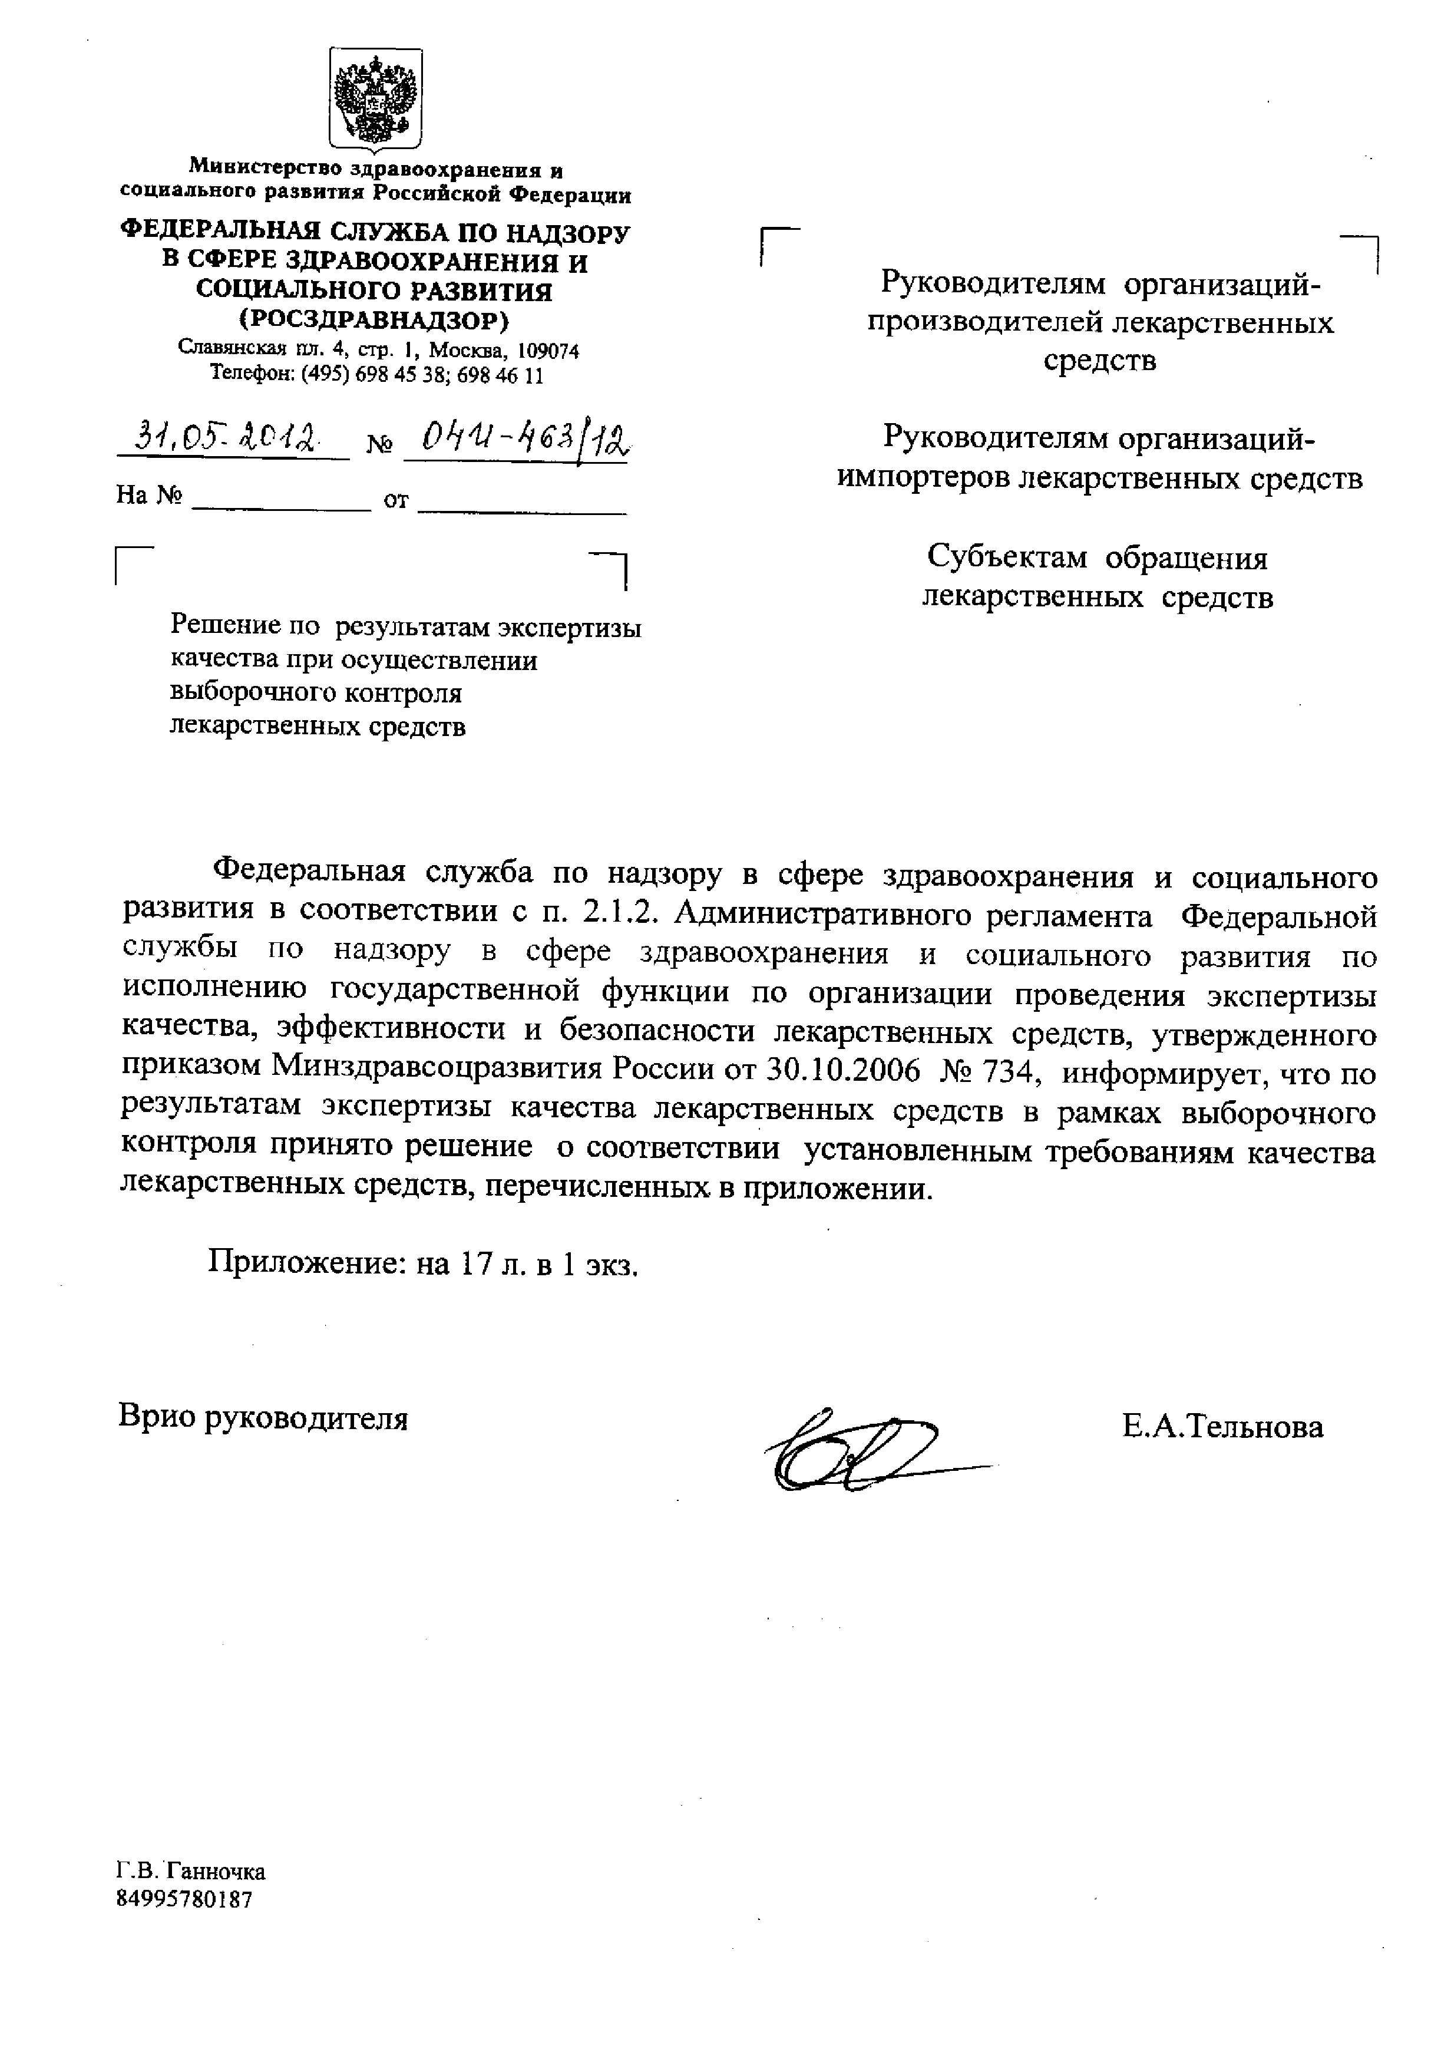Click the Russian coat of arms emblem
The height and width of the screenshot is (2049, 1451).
pyautogui.click(x=375, y=98)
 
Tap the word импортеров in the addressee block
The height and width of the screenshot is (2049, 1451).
pyautogui.click(x=926, y=478)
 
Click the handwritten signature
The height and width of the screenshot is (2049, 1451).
pyautogui.click(x=858, y=1450)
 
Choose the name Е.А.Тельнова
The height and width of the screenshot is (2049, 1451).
pyautogui.click(x=1222, y=1427)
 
